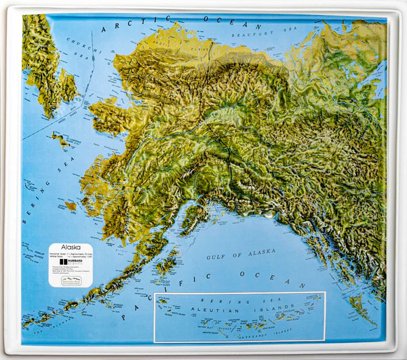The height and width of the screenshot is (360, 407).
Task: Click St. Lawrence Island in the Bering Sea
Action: pos(60,140)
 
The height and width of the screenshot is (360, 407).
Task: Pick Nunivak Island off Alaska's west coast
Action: pos(71,205)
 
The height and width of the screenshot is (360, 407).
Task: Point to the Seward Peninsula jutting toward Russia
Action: pos(105,115)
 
